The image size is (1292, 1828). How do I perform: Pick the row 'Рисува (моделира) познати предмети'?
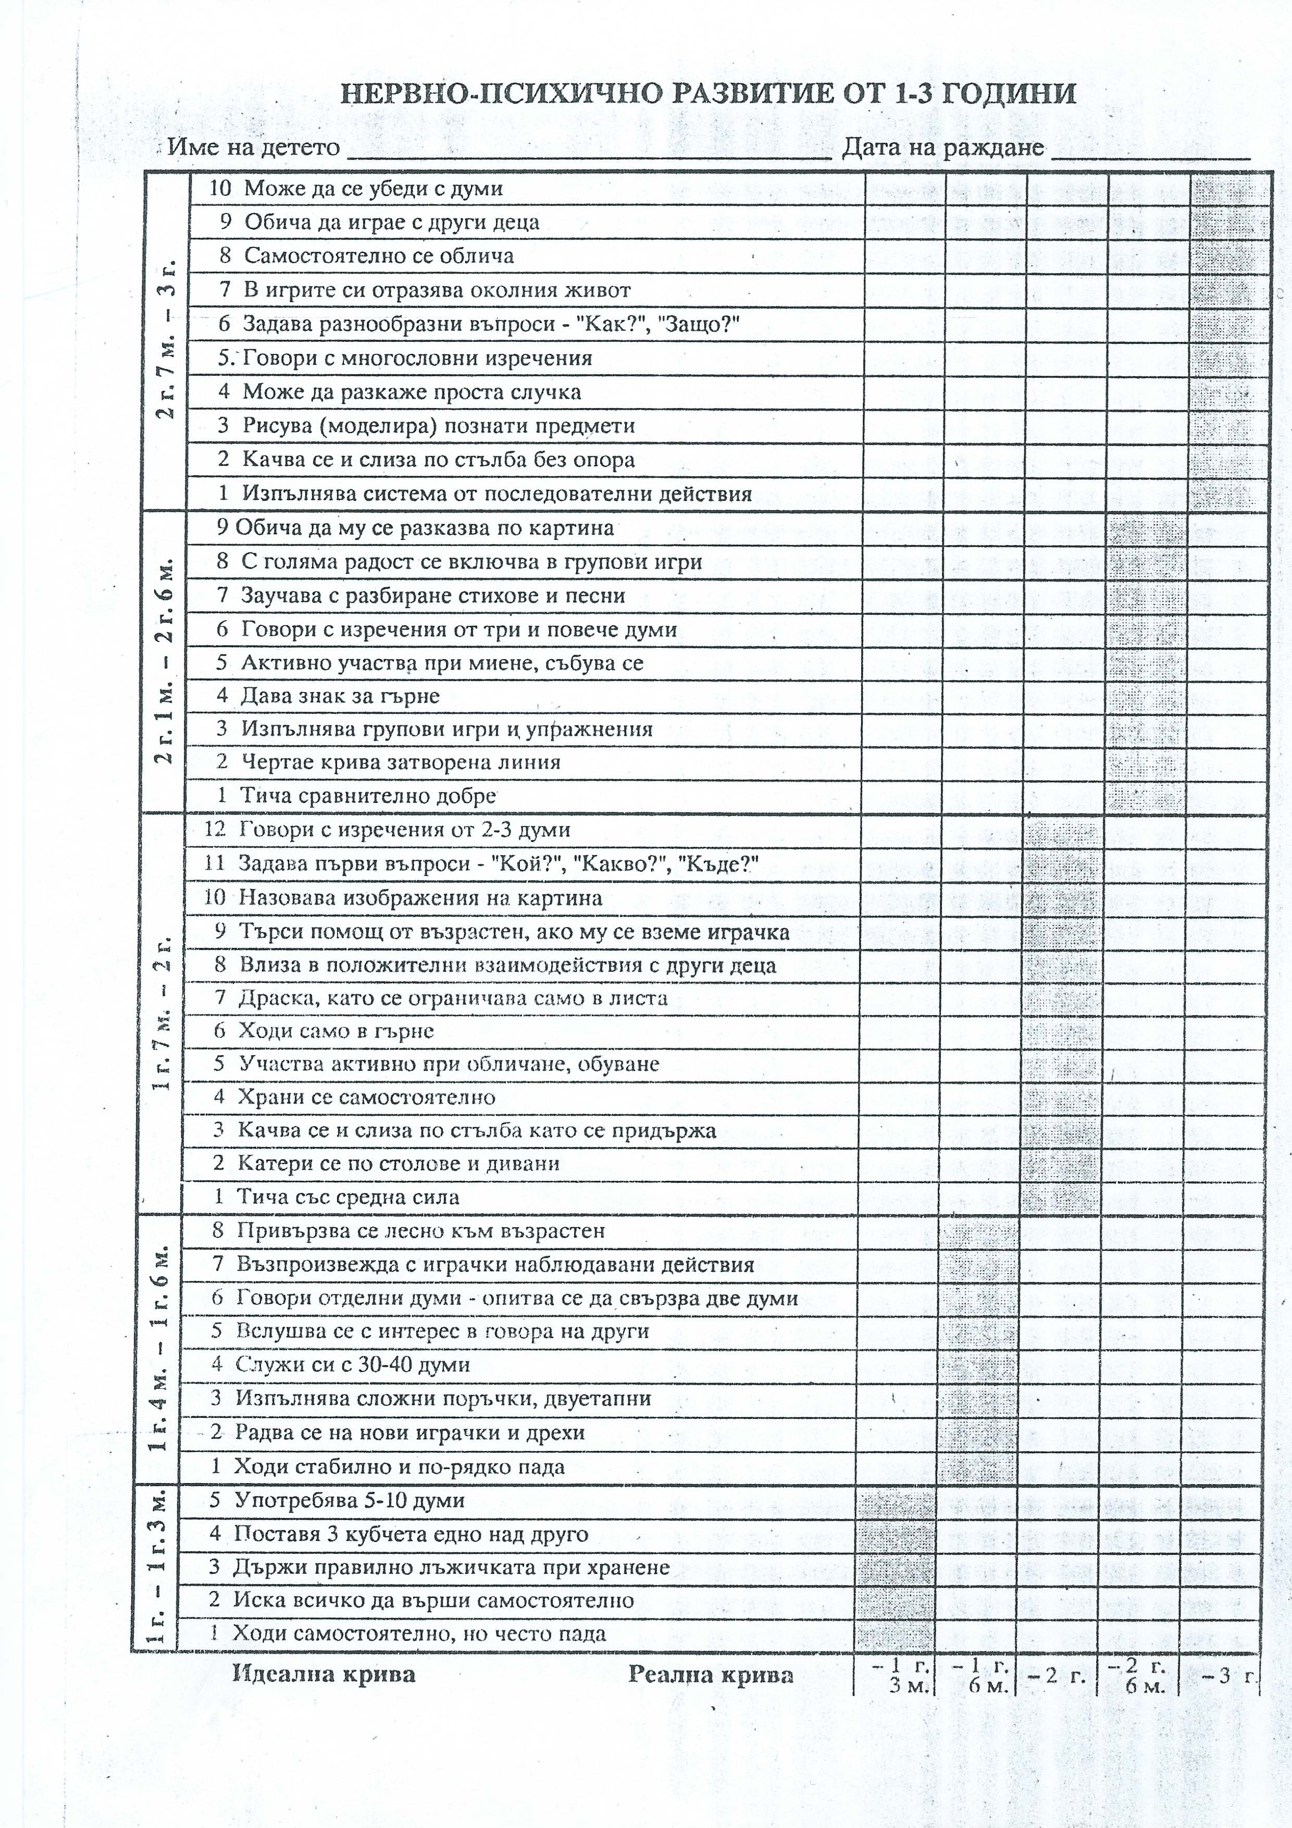coord(438,426)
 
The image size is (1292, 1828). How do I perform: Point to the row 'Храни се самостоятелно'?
coord(366,1097)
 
